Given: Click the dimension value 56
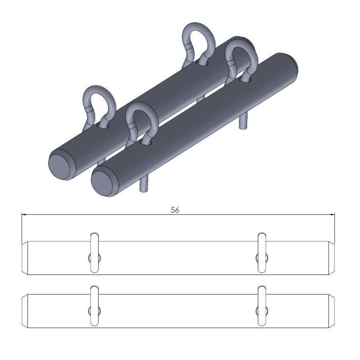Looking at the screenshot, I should [175, 210].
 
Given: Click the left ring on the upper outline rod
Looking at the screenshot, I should [94, 252].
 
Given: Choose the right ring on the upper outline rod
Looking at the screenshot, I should [261, 252].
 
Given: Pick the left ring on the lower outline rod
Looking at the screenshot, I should [94, 306].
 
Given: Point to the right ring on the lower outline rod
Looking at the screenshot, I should [261, 306].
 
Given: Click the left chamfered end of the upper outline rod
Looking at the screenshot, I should [26, 258].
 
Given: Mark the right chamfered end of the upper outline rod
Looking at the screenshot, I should [332, 258].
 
